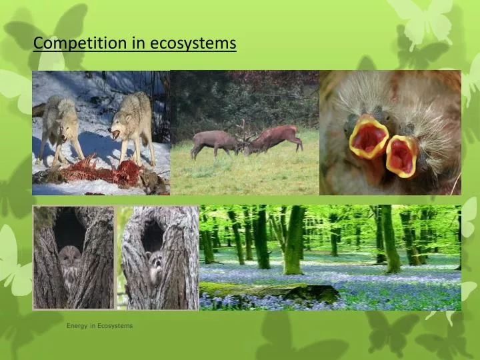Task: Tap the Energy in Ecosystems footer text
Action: click(99, 326)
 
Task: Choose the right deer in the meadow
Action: click(277, 137)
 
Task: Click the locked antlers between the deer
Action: click(242, 137)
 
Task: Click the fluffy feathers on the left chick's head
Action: click(353, 100)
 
